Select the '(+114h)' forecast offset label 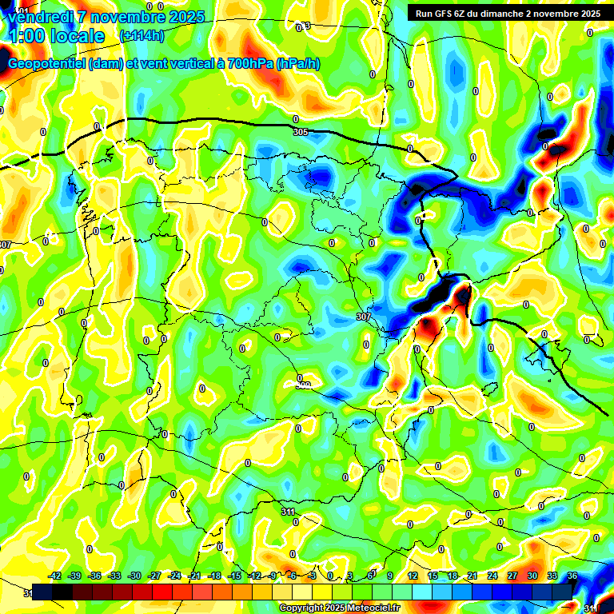[x=142, y=36]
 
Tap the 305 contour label [x=300, y=132]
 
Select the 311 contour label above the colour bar [x=289, y=510]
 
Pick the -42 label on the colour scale [x=54, y=576]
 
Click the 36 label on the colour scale [x=572, y=576]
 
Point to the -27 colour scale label [x=154, y=576]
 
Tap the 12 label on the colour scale [x=413, y=576]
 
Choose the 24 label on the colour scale [x=492, y=576]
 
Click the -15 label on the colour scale [x=234, y=576]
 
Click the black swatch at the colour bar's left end [x=43, y=592]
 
